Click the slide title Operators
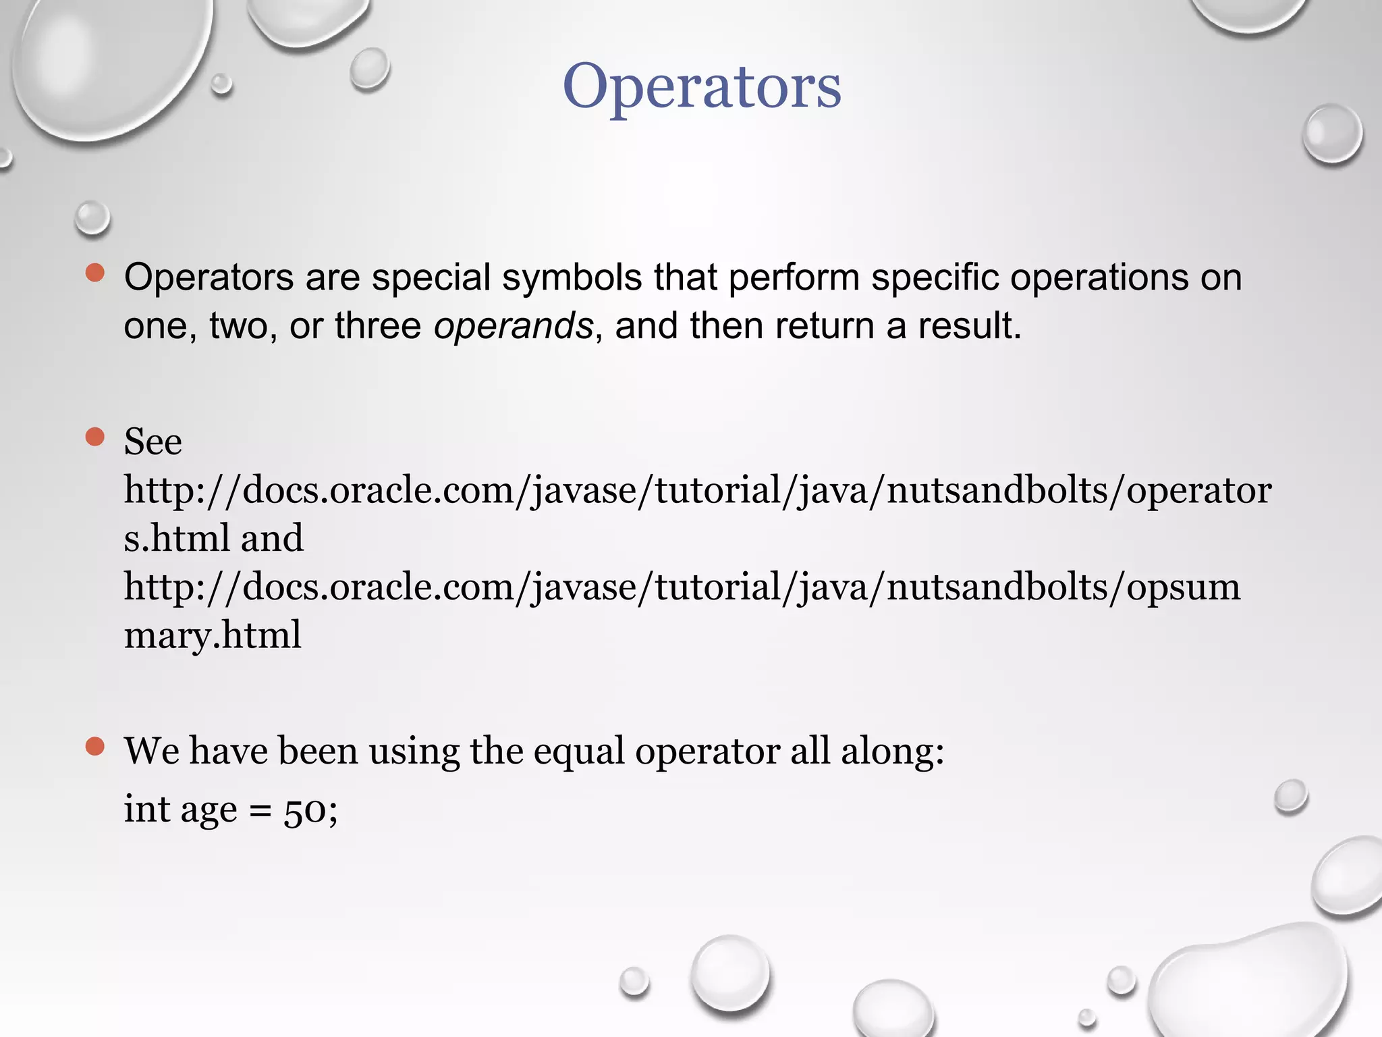click(702, 86)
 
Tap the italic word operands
click(513, 326)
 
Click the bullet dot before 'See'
click(95, 437)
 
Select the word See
click(153, 442)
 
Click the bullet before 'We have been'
click(95, 746)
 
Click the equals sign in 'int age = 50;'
click(260, 810)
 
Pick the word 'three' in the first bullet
click(378, 326)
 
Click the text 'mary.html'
click(213, 635)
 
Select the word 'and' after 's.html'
click(272, 539)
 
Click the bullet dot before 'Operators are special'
click(95, 273)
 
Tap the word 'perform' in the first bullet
click(794, 277)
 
